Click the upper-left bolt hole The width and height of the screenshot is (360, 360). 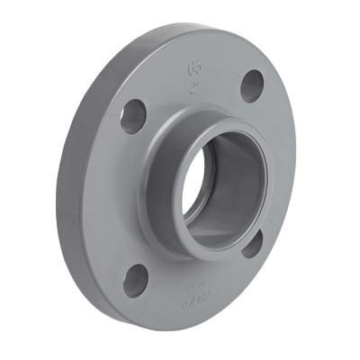click(x=133, y=116)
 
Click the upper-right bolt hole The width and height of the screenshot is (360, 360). click(x=253, y=85)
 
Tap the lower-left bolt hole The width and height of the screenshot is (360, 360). click(x=135, y=281)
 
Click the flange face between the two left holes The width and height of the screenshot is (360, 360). click(x=117, y=198)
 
